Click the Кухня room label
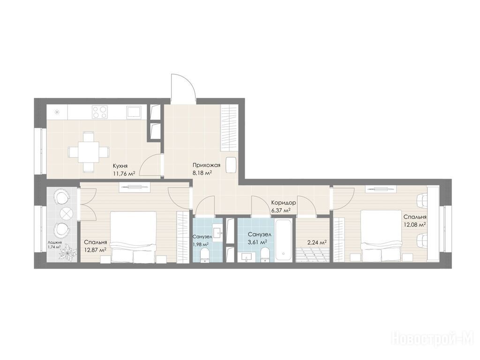point(120,166)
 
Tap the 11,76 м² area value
point(124,174)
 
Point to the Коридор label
point(284,202)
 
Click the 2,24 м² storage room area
point(316,242)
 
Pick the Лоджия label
point(54,242)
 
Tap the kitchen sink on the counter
point(134,112)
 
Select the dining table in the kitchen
point(89,152)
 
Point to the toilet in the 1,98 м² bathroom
point(204,255)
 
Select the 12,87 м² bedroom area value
point(95,250)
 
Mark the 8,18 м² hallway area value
point(202,173)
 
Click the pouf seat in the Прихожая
point(231,165)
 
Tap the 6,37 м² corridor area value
point(281,210)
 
